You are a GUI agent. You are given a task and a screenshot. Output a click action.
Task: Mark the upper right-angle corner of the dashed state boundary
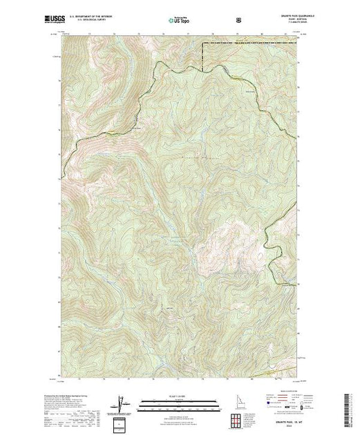point(202,43)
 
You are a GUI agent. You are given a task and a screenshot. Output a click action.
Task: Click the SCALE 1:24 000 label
point(179,397)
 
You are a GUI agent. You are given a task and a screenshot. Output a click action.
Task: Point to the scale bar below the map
point(179,402)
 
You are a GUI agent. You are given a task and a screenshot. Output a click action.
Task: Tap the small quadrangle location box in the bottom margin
point(122,422)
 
